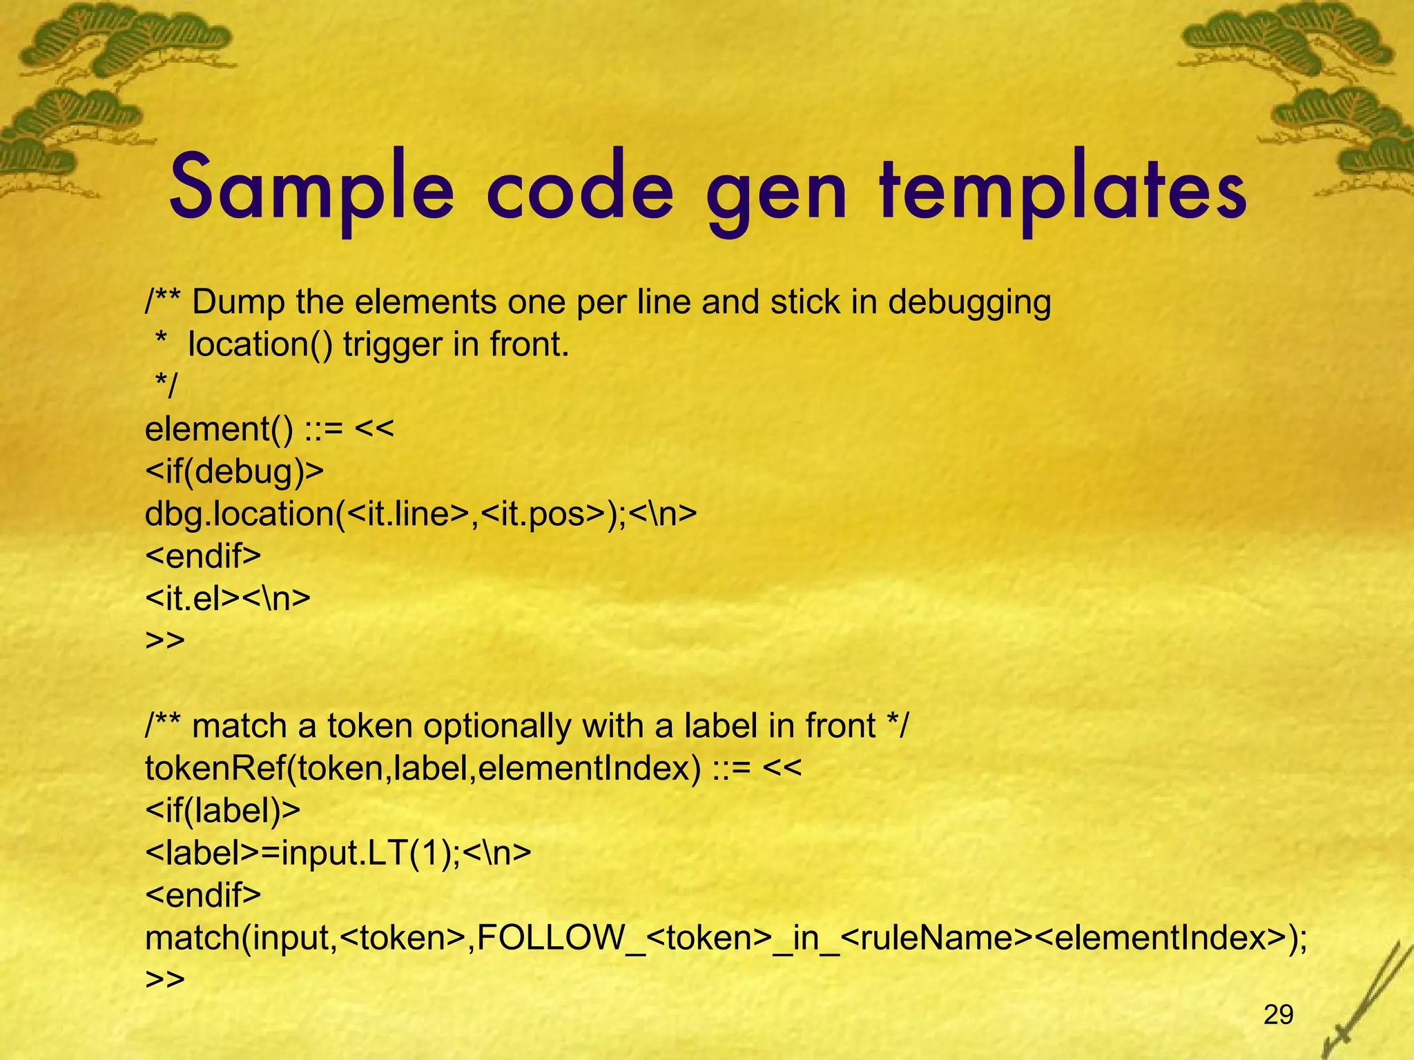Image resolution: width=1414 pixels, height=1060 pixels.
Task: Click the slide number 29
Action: tap(1278, 1014)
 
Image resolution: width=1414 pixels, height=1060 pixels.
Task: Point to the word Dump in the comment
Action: tap(238, 302)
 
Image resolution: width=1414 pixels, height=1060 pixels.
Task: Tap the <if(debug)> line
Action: tap(234, 472)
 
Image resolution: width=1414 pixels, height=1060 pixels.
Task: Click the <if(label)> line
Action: tap(223, 811)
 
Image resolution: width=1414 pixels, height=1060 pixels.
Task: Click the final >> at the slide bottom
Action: tap(165, 979)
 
